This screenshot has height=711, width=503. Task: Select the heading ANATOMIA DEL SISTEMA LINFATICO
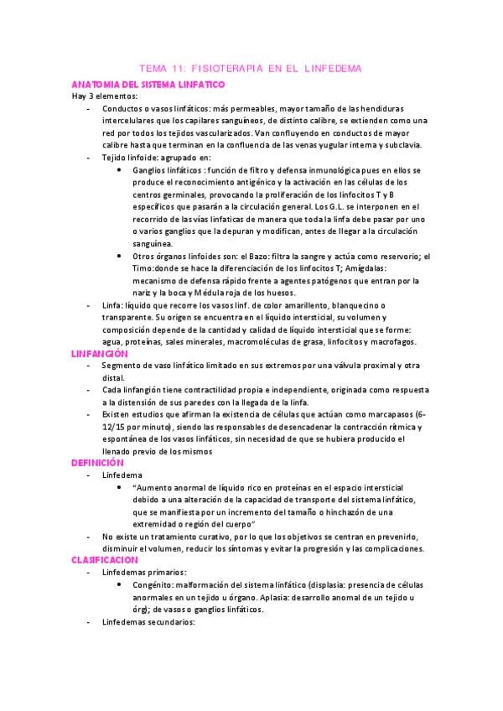pos(147,84)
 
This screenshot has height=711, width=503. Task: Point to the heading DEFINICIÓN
pos(97,462)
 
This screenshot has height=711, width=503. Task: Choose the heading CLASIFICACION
pos(104,558)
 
